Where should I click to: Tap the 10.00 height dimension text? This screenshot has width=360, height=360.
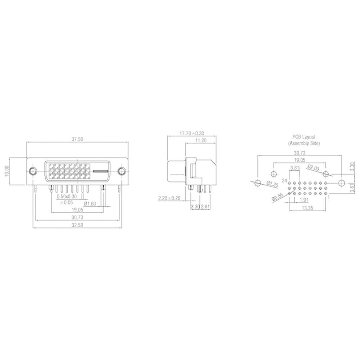[x=5, y=171]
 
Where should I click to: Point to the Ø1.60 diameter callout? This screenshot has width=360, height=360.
[x=90, y=203]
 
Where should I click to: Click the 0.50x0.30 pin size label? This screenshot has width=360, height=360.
[x=67, y=197]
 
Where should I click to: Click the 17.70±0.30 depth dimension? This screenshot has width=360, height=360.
[x=192, y=133]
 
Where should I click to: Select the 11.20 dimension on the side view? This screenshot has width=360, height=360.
[x=200, y=140]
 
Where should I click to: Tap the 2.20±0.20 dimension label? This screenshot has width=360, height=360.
[x=169, y=198]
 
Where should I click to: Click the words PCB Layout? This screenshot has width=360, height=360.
[x=303, y=137]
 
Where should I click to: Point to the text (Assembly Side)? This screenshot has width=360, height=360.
[x=303, y=143]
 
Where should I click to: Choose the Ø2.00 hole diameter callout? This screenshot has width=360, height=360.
[x=313, y=167]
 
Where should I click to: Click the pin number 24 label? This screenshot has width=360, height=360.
[x=284, y=180]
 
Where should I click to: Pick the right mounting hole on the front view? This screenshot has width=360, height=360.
[x=122, y=171]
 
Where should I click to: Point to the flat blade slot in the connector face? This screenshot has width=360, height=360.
[x=101, y=171]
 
